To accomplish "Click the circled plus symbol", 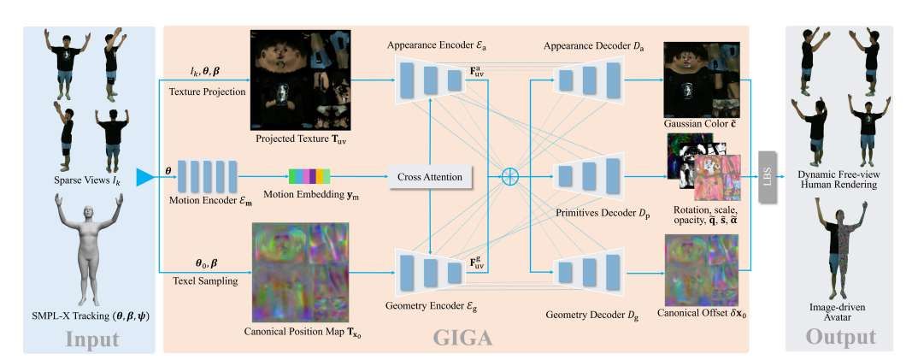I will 510,177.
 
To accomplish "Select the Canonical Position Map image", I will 300,269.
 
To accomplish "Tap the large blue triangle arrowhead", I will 146,176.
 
